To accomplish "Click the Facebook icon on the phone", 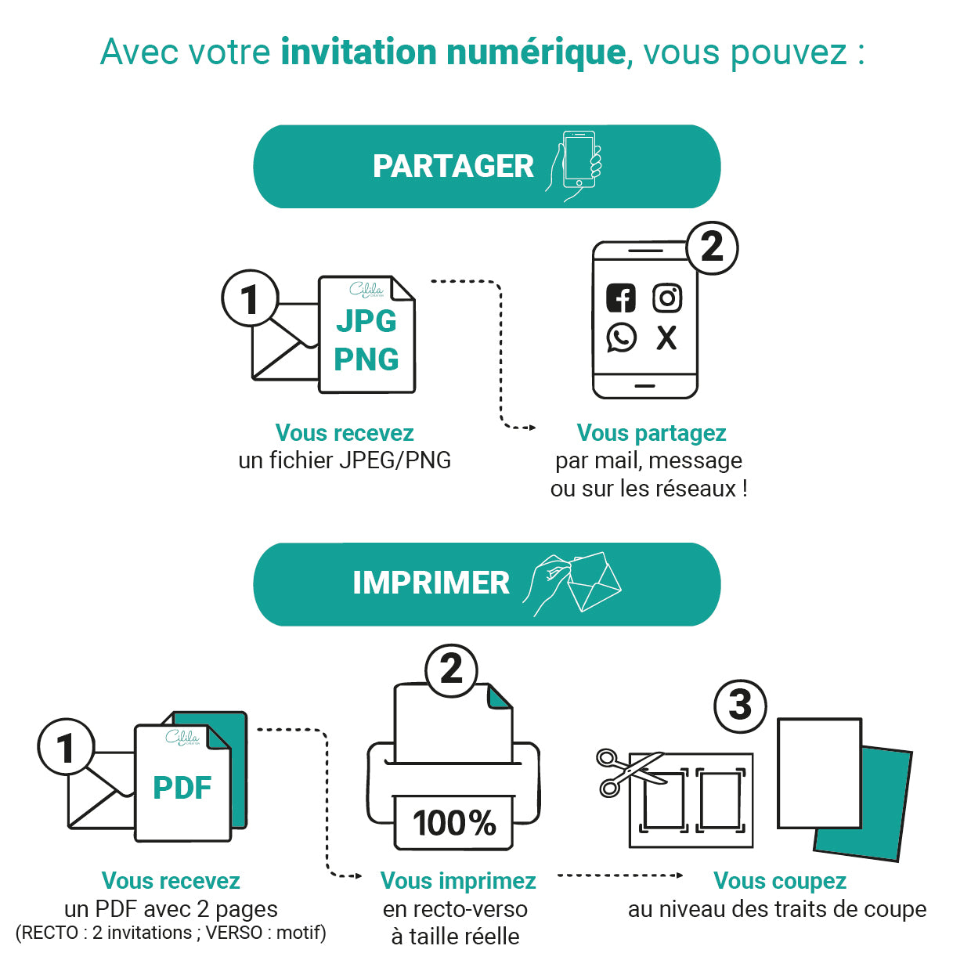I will click(x=621, y=298).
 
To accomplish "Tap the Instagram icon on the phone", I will click(x=667, y=298).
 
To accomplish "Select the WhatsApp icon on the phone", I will click(x=622, y=338).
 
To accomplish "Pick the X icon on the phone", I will click(x=666, y=338).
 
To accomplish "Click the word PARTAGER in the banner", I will click(x=453, y=167).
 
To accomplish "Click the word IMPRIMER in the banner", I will click(x=431, y=583).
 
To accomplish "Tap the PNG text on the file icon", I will click(x=366, y=359).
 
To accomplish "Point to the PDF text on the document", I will click(x=182, y=788).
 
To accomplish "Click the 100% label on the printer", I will click(x=454, y=823).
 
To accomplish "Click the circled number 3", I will click(x=740, y=706).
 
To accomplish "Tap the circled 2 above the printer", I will click(x=451, y=670).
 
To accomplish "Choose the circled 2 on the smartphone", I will click(x=712, y=247).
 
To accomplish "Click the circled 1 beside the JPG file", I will click(x=250, y=298).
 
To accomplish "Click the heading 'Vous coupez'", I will click(x=780, y=881).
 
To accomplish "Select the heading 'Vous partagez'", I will click(x=652, y=433).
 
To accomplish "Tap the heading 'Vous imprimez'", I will click(x=458, y=881).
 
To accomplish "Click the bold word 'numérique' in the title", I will click(x=536, y=52).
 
